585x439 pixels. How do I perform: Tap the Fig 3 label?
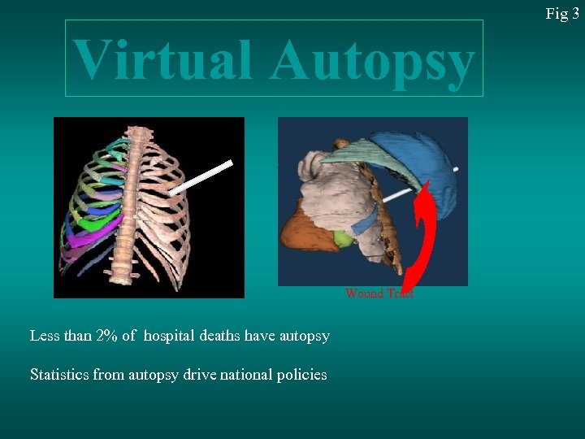point(561,13)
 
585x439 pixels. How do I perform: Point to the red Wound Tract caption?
point(379,293)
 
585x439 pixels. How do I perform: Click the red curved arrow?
point(423,236)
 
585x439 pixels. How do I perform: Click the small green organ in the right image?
point(344,239)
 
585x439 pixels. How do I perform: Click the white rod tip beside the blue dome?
point(457,169)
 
